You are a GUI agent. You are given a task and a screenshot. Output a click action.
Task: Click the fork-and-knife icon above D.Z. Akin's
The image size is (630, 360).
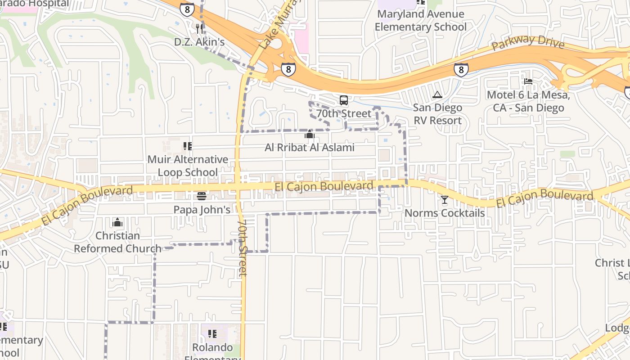pyautogui.click(x=199, y=28)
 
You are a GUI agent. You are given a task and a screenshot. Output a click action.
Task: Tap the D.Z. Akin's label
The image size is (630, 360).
pyautogui.click(x=199, y=42)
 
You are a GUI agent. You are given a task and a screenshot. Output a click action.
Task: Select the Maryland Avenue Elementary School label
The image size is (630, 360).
pyautogui.click(x=420, y=20)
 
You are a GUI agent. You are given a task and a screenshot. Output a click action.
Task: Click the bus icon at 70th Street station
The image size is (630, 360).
pyautogui.click(x=344, y=100)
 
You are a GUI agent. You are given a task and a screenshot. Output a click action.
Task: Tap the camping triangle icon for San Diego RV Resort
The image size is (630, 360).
pyautogui.click(x=437, y=95)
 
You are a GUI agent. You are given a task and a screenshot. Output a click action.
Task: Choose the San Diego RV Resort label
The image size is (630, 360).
pyautogui.click(x=437, y=114)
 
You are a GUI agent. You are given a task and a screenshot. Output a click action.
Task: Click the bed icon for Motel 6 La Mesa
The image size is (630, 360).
pyautogui.click(x=528, y=81)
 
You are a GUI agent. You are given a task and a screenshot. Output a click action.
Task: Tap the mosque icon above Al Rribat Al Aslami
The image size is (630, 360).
pyautogui.click(x=309, y=134)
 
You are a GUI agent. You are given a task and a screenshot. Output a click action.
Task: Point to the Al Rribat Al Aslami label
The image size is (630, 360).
pyautogui.click(x=309, y=148)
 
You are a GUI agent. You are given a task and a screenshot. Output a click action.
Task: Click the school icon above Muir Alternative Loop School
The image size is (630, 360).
pyautogui.click(x=188, y=146)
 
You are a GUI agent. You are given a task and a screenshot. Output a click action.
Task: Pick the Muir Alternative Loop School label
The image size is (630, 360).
pyautogui.click(x=188, y=166)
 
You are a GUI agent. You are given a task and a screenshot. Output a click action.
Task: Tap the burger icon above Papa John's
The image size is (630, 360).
pyautogui.click(x=201, y=196)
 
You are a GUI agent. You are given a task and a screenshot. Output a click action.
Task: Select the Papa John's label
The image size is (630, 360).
pyautogui.click(x=202, y=210)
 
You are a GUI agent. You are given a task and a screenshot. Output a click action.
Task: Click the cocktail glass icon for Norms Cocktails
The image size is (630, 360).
pyautogui.click(x=445, y=199)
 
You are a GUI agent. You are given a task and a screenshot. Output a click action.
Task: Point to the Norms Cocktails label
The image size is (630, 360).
pyautogui.click(x=445, y=213)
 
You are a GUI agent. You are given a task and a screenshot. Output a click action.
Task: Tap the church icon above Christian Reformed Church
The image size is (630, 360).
pyautogui.click(x=117, y=222)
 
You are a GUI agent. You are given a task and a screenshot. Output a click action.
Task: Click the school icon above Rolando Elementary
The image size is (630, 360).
pyautogui.click(x=212, y=334)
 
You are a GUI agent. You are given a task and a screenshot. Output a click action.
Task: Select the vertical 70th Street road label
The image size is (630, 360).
pyautogui.click(x=243, y=247)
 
